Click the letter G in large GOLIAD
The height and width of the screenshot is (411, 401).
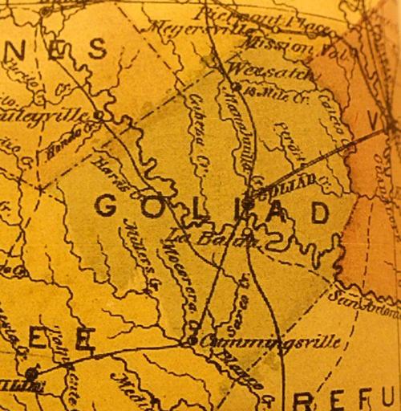pyautogui.click(x=108, y=206)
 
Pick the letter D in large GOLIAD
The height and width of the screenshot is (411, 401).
pyautogui.click(x=319, y=213)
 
